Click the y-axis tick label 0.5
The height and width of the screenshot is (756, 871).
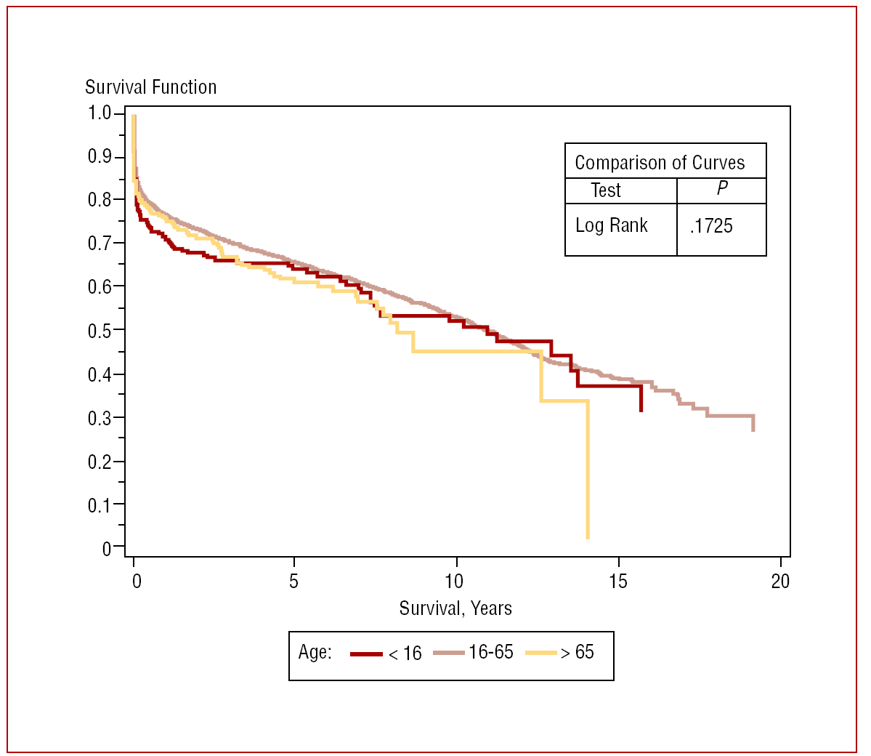coord(99,331)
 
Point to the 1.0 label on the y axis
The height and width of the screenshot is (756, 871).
coord(99,113)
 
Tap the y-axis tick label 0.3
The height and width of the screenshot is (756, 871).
coord(99,418)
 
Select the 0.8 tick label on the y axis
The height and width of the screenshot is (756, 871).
coord(99,200)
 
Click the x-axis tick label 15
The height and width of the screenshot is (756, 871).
coord(618,581)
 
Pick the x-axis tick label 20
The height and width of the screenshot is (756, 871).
coord(780,581)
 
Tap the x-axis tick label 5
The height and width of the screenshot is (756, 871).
coord(293,581)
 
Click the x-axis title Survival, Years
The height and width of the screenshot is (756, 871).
coord(455,608)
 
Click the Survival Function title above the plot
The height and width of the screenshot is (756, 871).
coord(150,87)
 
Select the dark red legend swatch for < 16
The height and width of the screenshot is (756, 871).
coord(366,654)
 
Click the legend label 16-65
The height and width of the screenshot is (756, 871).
coord(490,652)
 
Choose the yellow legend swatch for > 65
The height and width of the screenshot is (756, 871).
coord(540,654)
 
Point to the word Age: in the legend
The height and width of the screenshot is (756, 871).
coord(315,652)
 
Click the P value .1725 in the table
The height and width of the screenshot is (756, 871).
coord(711,226)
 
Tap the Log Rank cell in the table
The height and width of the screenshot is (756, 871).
coord(611,225)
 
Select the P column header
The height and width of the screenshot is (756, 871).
coord(721,189)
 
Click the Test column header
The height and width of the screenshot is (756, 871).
coord(605,190)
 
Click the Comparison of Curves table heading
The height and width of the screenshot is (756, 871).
coord(659,163)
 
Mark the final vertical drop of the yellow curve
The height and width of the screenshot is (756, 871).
coord(587,469)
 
